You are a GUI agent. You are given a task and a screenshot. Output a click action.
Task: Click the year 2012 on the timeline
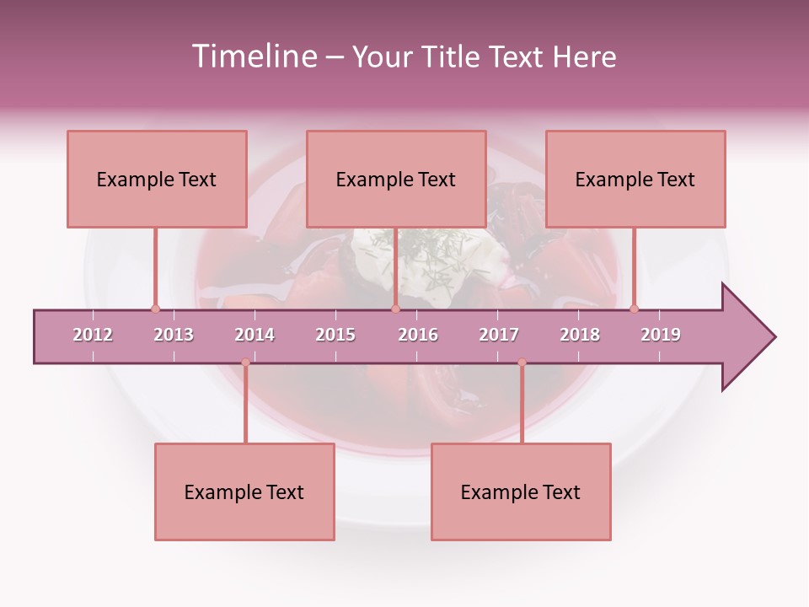click(x=93, y=335)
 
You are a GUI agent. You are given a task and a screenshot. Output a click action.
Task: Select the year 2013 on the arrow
click(x=174, y=335)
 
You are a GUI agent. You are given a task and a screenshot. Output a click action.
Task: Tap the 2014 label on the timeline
click(x=254, y=335)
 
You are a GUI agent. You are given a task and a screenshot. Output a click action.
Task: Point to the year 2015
click(x=335, y=335)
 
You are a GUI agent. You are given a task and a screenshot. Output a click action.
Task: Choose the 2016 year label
click(x=418, y=335)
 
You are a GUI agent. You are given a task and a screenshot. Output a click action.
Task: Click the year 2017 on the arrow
click(x=499, y=335)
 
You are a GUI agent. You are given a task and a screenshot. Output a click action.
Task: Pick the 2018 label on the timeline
click(x=580, y=335)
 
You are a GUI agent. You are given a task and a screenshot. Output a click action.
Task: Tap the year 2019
click(x=661, y=335)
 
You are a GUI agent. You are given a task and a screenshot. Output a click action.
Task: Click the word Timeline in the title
click(x=254, y=56)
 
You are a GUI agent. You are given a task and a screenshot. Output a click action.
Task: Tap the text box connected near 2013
click(x=157, y=179)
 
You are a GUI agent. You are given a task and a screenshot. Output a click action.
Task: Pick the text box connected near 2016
click(x=396, y=179)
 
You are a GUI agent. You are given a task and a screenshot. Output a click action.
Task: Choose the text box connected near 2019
click(x=635, y=179)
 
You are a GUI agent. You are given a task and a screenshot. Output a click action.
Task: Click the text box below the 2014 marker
click(x=244, y=492)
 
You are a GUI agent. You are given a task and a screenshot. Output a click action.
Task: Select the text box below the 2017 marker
click(x=521, y=492)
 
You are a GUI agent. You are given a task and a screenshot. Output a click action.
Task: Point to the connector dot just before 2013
click(x=155, y=309)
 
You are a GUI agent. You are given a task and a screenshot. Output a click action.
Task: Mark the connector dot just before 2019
click(x=634, y=309)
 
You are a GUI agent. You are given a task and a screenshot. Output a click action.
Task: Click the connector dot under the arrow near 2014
click(x=245, y=363)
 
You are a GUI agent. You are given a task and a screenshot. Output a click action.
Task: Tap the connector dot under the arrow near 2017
click(x=522, y=363)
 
